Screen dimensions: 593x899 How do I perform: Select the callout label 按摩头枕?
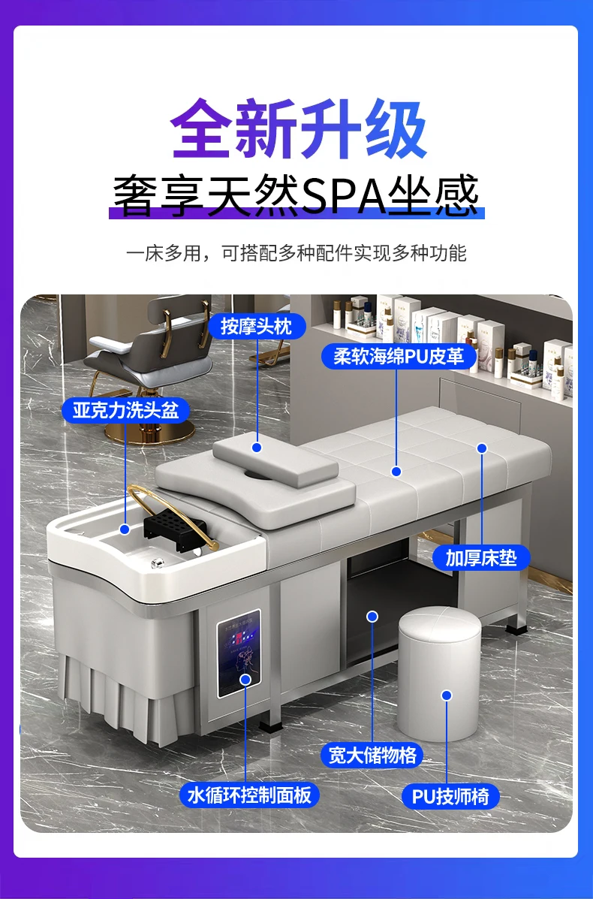[256, 326]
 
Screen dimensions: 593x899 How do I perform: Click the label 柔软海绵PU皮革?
[399, 355]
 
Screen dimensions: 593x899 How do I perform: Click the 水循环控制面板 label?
[249, 795]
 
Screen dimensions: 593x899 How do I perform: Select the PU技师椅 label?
[450, 796]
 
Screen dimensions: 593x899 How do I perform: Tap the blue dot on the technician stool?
[447, 695]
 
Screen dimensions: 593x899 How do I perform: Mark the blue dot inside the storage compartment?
[371, 617]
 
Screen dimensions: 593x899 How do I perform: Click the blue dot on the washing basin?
[125, 529]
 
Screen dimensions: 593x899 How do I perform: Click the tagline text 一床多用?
[161, 253]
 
